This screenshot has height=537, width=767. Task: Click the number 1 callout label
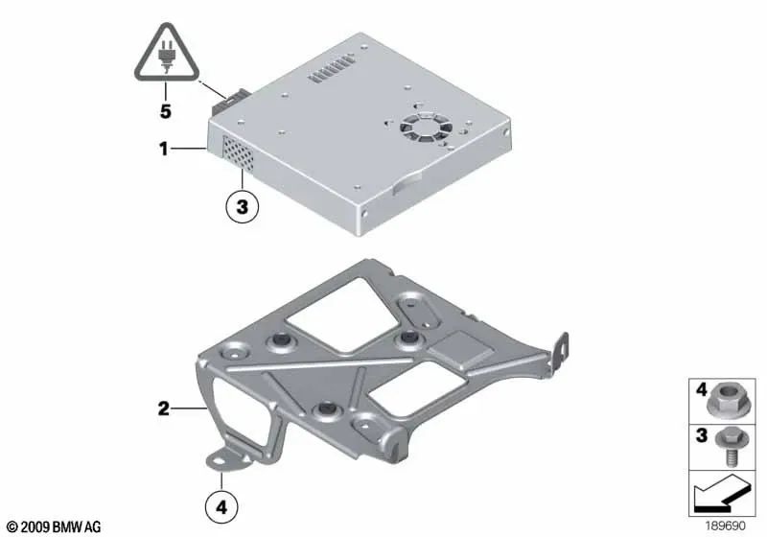(164, 150)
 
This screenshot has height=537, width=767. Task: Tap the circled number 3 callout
(242, 206)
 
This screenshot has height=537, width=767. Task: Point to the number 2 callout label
(164, 409)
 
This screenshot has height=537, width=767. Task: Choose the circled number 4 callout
(222, 505)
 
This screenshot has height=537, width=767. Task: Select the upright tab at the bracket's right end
(562, 348)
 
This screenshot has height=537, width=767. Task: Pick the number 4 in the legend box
(700, 390)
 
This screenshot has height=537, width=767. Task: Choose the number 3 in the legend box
(700, 435)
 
